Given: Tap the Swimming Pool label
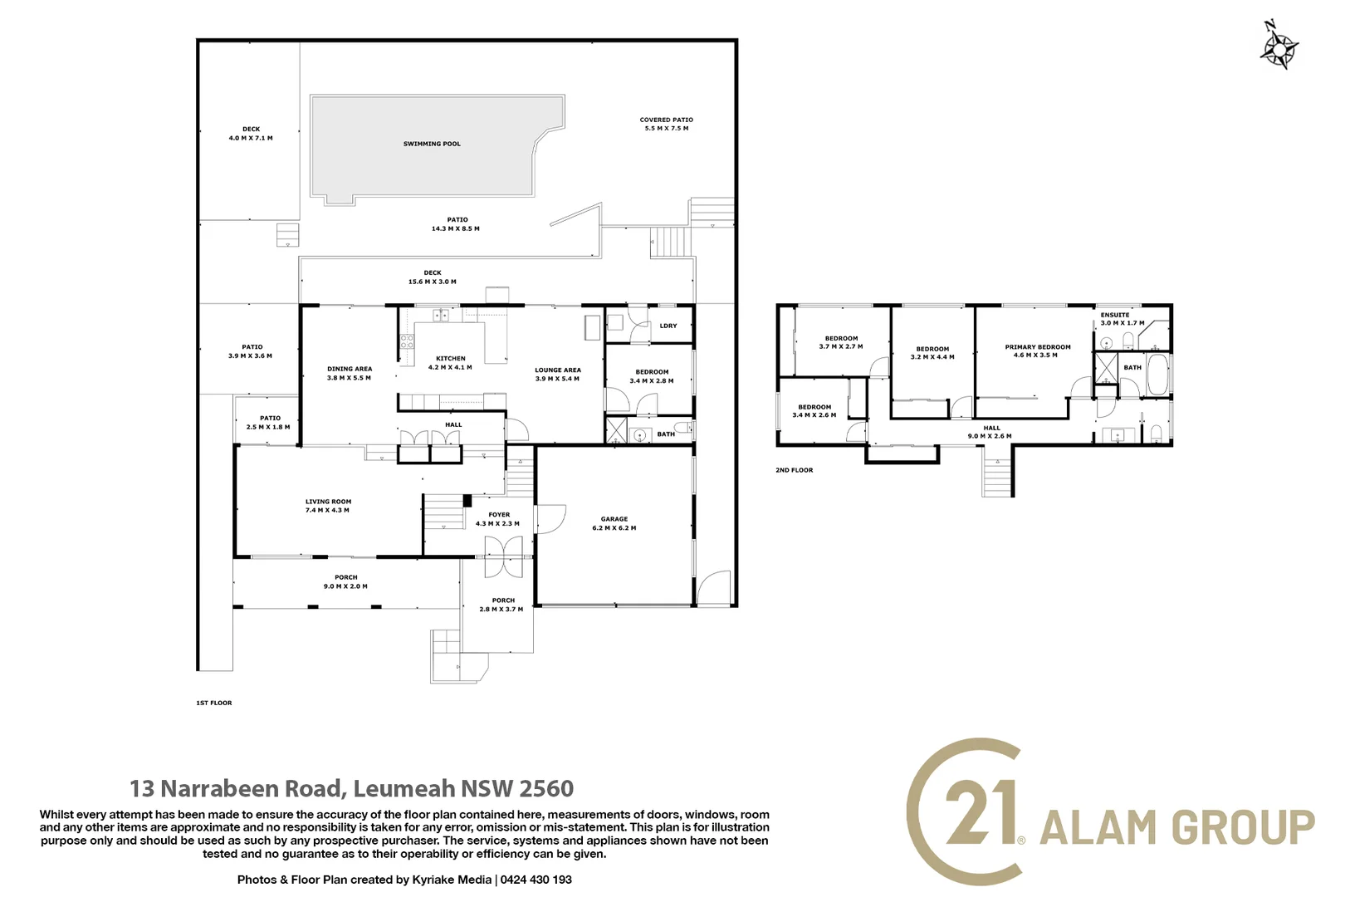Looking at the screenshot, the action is pos(432,145).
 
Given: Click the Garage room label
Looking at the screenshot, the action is pos(614,519).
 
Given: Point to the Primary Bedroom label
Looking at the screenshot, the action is pos(1038,347).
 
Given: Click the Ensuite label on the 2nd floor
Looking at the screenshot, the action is pos(1114,315).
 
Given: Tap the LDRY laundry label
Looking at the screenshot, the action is pos(668,326).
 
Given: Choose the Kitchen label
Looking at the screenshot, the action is pos(450,359).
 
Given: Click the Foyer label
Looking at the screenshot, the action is pos(499,515).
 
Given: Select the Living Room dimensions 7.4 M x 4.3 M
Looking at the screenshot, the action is pos(327,511).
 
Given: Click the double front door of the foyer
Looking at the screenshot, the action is pos(503,557).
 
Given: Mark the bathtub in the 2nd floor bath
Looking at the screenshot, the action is pos(1157,375).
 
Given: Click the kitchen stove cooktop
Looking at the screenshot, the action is pos(407,342).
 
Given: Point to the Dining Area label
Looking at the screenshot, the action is pos(350,369).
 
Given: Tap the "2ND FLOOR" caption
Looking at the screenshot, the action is pos(794,470).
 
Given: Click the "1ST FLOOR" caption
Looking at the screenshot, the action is pos(213,703).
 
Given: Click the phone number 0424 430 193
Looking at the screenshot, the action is pos(536,880).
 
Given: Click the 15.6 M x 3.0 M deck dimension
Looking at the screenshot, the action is pos(433,282).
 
